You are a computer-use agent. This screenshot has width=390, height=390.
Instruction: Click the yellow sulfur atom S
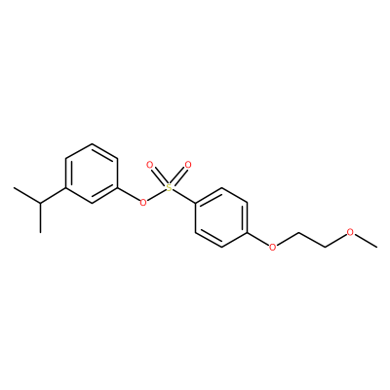click(x=169, y=187)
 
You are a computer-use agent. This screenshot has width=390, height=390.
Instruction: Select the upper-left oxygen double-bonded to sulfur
click(x=149, y=165)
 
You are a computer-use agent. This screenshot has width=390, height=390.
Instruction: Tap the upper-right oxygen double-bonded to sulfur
click(x=188, y=165)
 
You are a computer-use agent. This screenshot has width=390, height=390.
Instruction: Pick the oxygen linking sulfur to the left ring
click(x=142, y=203)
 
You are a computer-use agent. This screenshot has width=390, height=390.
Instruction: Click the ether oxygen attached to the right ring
click(x=273, y=247)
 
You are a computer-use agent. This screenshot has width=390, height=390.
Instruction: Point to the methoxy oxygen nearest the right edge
click(x=350, y=232)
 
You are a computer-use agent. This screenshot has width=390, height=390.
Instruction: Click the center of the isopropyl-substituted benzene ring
click(x=92, y=174)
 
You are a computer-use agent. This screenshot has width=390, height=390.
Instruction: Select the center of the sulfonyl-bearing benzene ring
click(x=221, y=217)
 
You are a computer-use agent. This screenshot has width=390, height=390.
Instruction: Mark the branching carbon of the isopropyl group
click(x=41, y=203)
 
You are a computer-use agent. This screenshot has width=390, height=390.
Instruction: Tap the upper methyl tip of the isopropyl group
click(x=14, y=188)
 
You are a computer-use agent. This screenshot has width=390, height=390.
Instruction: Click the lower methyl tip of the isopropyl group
click(x=41, y=233)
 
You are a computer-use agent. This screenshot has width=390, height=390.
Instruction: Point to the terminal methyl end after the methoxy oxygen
click(x=377, y=248)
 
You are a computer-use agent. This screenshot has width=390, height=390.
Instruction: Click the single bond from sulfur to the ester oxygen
click(x=156, y=195)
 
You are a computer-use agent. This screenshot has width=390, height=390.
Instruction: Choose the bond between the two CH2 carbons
click(x=312, y=240)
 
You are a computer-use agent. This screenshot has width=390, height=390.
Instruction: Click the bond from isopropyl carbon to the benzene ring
click(x=54, y=196)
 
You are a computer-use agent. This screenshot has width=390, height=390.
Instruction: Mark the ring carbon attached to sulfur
click(x=196, y=203)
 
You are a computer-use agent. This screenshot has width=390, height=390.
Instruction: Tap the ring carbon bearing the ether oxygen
click(x=248, y=232)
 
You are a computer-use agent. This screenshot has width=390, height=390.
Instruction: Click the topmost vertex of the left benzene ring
click(x=92, y=144)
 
